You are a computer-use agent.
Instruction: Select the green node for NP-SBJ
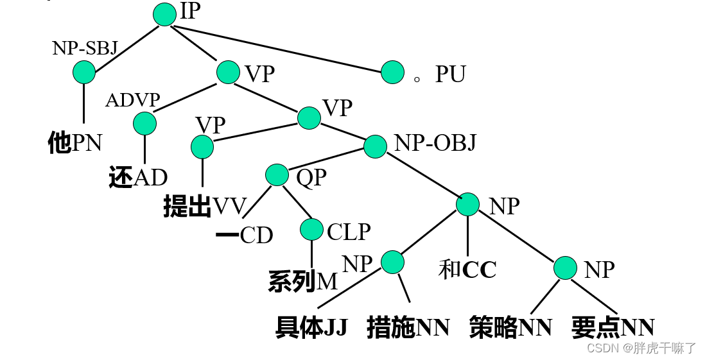(83, 72)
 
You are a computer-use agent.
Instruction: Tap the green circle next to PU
(392, 72)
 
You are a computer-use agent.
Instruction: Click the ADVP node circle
(144, 123)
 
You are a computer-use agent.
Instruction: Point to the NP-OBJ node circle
(375, 146)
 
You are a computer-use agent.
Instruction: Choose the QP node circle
(277, 175)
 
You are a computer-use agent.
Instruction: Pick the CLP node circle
(311, 230)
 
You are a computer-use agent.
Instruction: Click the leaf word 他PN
(75, 142)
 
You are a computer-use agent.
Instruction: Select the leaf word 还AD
(138, 178)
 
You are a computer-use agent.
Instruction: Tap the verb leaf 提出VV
(205, 207)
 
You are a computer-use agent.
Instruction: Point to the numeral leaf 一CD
(244, 236)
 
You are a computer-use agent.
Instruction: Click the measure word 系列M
(302, 281)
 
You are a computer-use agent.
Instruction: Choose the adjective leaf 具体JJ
(311, 327)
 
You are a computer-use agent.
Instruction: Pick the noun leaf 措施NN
(408, 327)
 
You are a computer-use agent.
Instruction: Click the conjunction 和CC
(467, 270)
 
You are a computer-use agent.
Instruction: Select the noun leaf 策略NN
(510, 327)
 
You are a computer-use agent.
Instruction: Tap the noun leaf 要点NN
(613, 327)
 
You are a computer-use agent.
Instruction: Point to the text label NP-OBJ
(435, 142)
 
